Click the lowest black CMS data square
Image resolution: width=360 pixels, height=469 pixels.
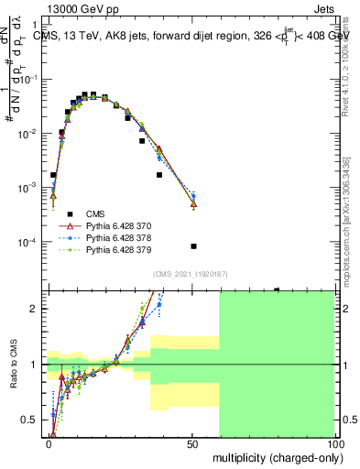click(193, 246)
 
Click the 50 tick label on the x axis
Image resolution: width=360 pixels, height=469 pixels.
click(191, 442)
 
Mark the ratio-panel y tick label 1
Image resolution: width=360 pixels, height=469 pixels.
click(39, 365)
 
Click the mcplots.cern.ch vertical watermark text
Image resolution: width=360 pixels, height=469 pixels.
click(345, 211)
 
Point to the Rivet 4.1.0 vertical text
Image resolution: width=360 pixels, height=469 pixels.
click(345, 64)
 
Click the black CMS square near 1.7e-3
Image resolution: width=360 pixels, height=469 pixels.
click(159, 174)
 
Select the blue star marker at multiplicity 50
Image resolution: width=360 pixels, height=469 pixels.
click(193, 196)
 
